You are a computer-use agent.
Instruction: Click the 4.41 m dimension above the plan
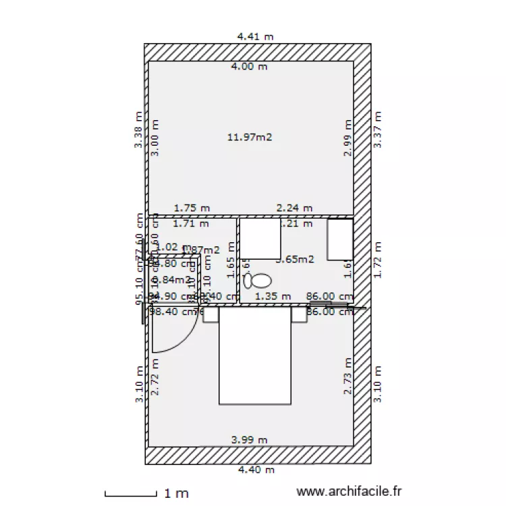click(255, 36)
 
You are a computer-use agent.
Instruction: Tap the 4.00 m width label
click(249, 66)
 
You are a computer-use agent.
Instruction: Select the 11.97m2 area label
click(250, 138)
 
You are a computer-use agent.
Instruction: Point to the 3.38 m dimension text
click(138, 130)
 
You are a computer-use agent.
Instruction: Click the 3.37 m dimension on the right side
click(378, 130)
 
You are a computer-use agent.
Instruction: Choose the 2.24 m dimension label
click(295, 208)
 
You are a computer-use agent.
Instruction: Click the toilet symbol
click(258, 279)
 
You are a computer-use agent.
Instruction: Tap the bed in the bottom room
click(255, 358)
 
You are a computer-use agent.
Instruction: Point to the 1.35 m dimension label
click(273, 296)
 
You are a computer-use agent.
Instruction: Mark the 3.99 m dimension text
click(250, 440)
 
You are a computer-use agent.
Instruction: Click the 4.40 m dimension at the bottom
click(254, 470)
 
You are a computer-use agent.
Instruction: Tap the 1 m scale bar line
click(131, 495)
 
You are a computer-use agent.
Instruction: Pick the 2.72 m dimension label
click(155, 377)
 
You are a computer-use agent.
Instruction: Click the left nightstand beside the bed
click(210, 314)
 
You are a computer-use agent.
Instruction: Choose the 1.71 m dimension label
click(191, 223)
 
